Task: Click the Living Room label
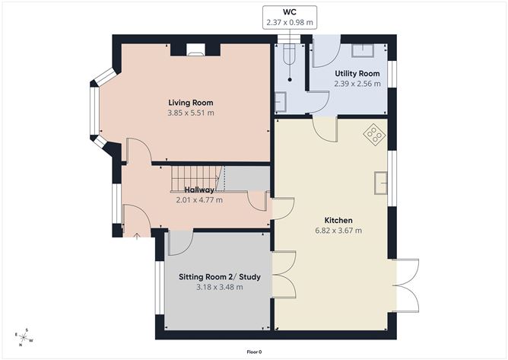pyautogui.click(x=190, y=103)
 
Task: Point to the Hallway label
pyautogui.click(x=198, y=190)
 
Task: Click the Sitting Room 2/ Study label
pyautogui.click(x=219, y=277)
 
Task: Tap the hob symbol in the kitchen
pyautogui.click(x=374, y=135)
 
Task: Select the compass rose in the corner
pyautogui.click(x=24, y=335)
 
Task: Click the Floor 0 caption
pyautogui.click(x=254, y=352)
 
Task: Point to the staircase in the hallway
pyautogui.click(x=198, y=179)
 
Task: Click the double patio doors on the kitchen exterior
pyautogui.click(x=406, y=285)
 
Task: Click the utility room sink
pyautogui.click(x=364, y=49)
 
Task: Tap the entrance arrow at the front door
pyautogui.click(x=136, y=235)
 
